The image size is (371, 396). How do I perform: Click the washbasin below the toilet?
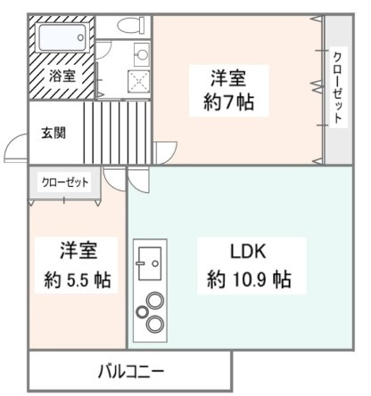[x=141, y=52]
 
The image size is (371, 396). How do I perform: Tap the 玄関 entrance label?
[x=53, y=133]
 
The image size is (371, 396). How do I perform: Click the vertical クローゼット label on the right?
[x=337, y=91]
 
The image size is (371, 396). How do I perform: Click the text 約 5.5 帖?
[x=78, y=279]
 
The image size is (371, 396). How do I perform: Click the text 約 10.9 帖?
[x=249, y=279]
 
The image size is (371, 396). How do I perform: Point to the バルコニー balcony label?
[x=130, y=368]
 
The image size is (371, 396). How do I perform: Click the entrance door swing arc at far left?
[x=15, y=147]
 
